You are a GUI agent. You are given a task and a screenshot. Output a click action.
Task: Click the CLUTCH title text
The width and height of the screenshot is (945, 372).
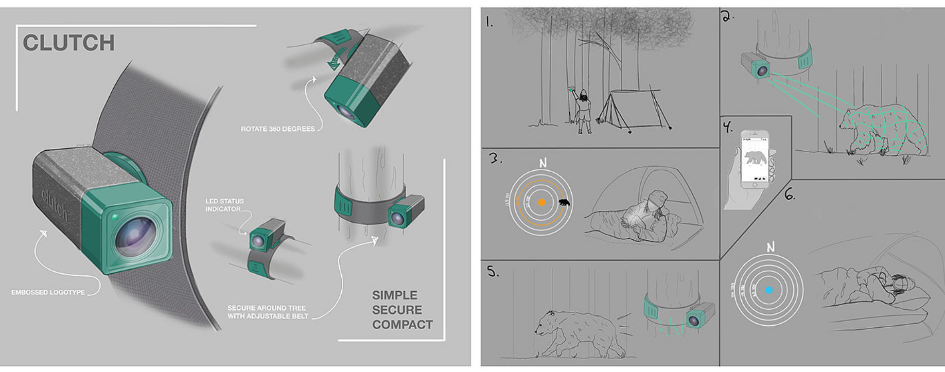(x=68, y=43)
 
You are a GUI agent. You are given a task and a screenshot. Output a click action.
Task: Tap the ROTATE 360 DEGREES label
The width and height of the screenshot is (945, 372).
(x=277, y=129)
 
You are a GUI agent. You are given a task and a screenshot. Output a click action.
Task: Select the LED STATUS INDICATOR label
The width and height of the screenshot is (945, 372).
(x=224, y=205)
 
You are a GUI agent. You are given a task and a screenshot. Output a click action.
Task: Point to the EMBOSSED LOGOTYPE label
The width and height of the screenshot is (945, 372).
(x=48, y=292)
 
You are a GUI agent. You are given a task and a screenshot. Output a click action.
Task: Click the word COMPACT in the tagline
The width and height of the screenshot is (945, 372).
(x=402, y=325)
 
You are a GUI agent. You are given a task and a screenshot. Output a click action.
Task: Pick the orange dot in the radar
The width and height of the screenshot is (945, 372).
(x=541, y=203)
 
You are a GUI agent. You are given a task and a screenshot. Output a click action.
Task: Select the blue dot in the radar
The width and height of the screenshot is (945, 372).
(x=769, y=290)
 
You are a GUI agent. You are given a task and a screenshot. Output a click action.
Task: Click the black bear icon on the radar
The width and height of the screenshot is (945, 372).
(x=564, y=203)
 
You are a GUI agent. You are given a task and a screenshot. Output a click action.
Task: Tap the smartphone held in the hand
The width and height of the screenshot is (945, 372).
(x=755, y=160)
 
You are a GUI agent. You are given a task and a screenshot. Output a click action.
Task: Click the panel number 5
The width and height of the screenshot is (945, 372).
(x=493, y=272)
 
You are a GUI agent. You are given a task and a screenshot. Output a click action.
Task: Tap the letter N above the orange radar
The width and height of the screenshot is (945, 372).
(x=542, y=163)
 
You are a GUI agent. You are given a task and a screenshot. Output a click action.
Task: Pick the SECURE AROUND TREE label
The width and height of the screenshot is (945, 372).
(x=268, y=312)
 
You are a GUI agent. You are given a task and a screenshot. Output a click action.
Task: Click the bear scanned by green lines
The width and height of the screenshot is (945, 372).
(x=883, y=129)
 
